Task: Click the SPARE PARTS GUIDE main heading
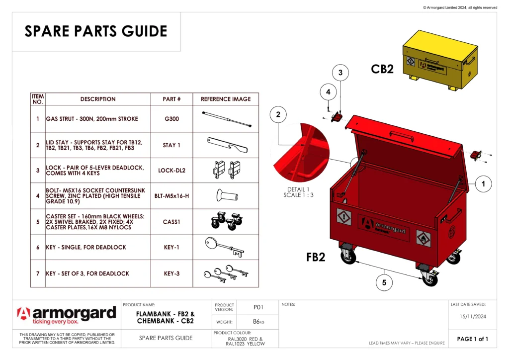(96, 31)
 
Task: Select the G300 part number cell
(171, 119)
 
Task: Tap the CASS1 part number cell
(171, 221)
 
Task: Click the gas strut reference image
(225, 118)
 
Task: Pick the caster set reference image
(225, 221)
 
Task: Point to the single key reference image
(225, 247)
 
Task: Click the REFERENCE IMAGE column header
(225, 99)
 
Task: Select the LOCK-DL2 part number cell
(171, 171)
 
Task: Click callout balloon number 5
(384, 283)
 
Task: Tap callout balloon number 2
(278, 115)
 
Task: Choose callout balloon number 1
(483, 184)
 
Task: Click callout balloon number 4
(328, 91)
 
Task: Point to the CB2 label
(382, 69)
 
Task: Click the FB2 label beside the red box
(316, 257)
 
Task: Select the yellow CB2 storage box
(439, 60)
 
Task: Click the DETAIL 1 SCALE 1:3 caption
(298, 192)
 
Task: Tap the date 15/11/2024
(472, 316)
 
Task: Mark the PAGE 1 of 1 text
(472, 339)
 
